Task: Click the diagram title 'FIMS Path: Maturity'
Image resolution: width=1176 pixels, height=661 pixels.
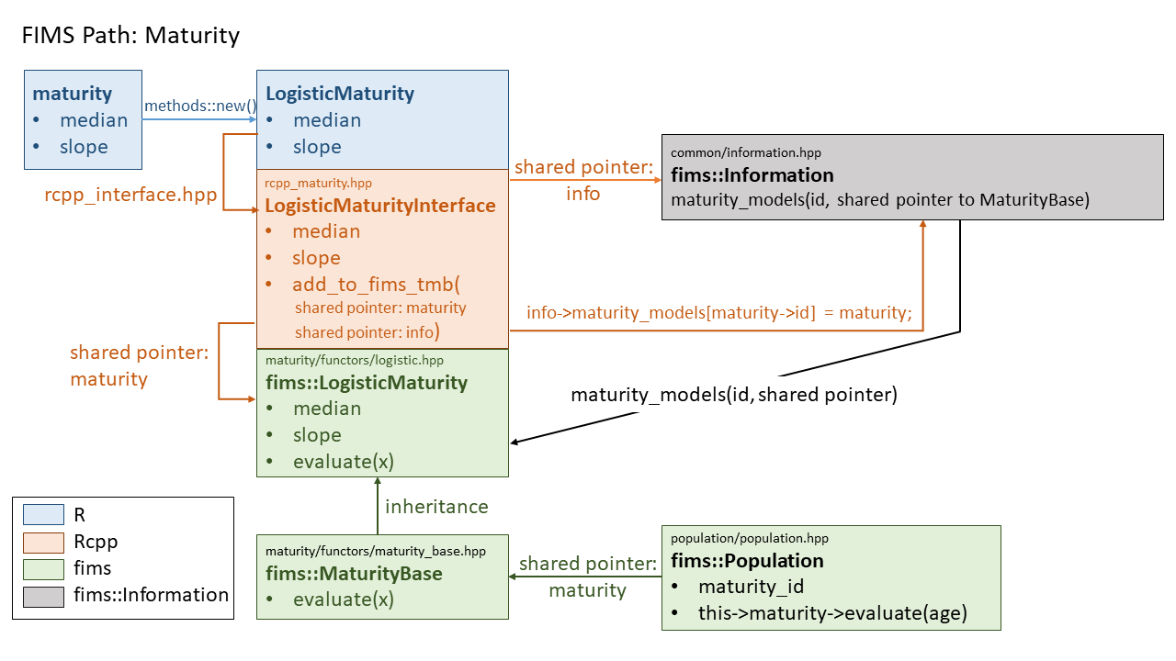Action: click(x=130, y=36)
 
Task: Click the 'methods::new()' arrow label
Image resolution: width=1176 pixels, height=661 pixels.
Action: click(x=199, y=106)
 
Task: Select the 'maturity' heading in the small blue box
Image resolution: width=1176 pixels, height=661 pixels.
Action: click(x=73, y=94)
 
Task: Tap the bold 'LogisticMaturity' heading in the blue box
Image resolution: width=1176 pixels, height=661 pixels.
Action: click(x=340, y=94)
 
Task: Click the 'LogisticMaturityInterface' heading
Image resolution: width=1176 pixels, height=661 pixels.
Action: click(x=380, y=206)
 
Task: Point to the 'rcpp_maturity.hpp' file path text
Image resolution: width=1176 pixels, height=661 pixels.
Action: click(x=318, y=184)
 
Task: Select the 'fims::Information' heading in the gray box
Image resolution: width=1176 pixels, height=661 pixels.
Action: click(x=752, y=175)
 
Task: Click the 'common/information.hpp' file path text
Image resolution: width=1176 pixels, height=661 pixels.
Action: click(x=746, y=152)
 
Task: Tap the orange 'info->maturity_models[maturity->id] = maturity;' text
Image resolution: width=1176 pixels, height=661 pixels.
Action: click(x=718, y=313)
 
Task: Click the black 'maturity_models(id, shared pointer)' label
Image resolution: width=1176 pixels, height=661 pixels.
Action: click(x=733, y=396)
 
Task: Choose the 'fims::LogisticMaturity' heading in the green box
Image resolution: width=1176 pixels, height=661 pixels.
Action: click(x=367, y=383)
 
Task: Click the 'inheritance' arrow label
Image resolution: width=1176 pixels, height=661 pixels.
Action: click(x=436, y=507)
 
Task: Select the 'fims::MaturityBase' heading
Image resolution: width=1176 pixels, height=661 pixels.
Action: click(x=354, y=574)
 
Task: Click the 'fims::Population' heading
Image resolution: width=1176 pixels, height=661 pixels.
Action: click(x=747, y=561)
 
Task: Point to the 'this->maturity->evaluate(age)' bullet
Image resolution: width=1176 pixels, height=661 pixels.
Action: click(x=832, y=613)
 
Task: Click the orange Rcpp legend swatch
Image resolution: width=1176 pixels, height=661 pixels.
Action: click(x=43, y=542)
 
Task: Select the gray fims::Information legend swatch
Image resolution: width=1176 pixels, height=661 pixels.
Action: click(x=43, y=595)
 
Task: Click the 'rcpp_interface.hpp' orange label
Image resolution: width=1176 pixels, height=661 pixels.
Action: click(x=131, y=195)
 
